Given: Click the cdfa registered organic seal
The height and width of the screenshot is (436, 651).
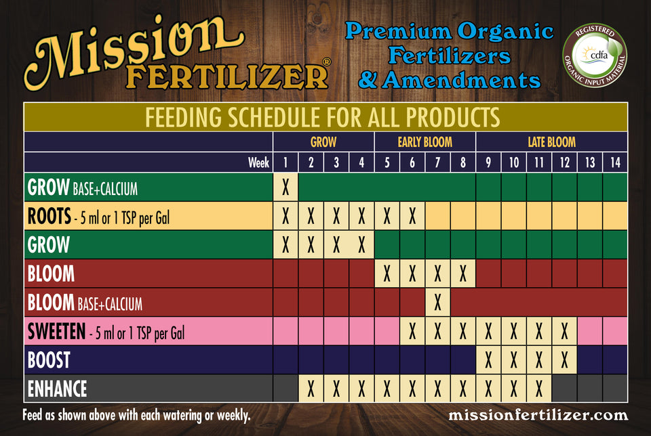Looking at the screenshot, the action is coord(595,55).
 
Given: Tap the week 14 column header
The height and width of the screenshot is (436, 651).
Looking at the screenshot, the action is coord(615,162).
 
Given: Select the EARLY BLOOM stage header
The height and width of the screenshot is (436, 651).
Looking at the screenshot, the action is coord(425,142).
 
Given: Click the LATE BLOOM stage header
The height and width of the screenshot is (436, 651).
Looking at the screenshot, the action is coord(551,142).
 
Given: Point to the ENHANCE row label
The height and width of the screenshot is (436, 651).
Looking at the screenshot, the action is coord(57,389).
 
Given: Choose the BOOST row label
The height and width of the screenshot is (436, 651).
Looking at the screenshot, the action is coord(49,359).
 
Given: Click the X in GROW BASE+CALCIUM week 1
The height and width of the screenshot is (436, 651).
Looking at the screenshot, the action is coord(285,188).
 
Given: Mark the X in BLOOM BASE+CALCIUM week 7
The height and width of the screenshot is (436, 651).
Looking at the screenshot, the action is coord(437,303).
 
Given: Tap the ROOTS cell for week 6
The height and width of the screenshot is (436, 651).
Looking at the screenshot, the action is coord(412,216).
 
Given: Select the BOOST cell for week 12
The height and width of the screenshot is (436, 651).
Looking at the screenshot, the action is coord(564,359).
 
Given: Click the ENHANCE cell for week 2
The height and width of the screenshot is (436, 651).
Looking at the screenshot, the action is coord(311,389).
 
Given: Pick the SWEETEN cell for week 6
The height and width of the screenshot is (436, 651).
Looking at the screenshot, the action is coord(412,331).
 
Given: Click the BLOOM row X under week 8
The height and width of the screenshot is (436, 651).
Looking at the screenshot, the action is coord(463,274).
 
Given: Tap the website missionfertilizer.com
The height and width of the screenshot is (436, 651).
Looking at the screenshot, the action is coord(538,415).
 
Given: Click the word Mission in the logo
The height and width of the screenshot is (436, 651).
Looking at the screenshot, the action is coord(134,49).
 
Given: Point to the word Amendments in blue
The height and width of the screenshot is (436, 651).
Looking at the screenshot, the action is coord(461,80).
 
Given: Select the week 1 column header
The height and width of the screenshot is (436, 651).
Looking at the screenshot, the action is coord(285,162).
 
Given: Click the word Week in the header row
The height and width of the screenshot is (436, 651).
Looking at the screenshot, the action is coord(258,162).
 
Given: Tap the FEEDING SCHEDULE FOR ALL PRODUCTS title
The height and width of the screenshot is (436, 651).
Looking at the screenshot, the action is coord(323,117).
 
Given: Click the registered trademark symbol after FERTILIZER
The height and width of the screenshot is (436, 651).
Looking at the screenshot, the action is coord(327,62).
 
